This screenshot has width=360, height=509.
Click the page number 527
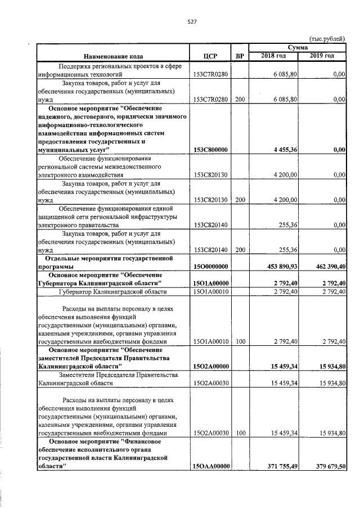191,22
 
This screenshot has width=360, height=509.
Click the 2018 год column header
273,56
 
